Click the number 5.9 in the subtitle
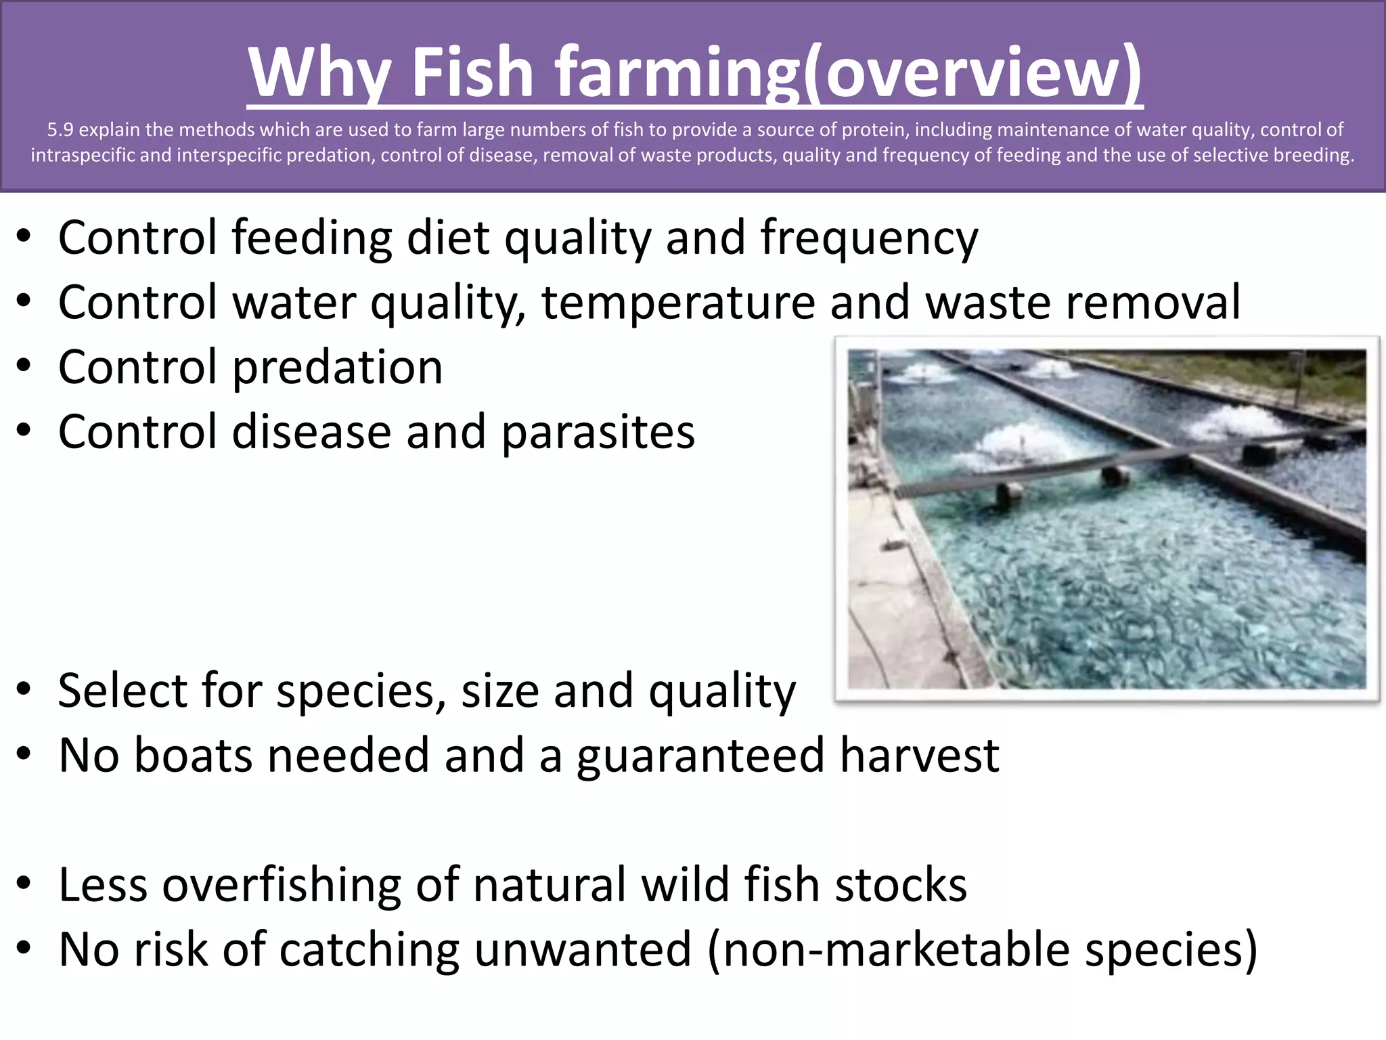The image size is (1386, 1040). [x=60, y=129]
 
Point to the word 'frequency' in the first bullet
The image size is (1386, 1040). [x=869, y=238]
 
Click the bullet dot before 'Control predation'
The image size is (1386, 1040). [x=24, y=366]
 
